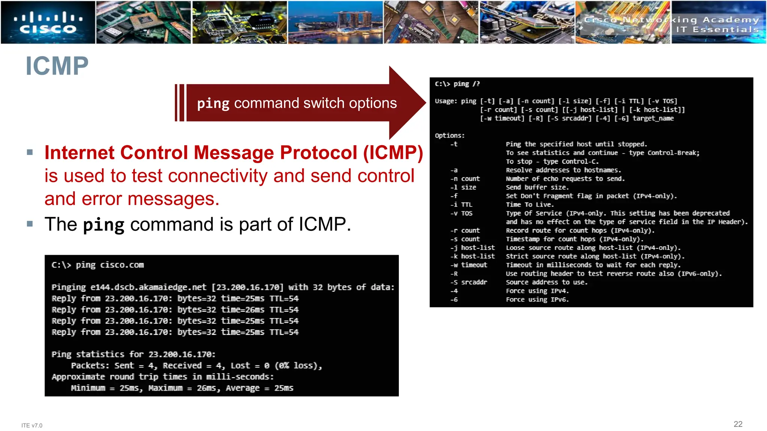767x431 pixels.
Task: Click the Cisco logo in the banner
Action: pos(48,22)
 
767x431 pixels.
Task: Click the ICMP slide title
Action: pos(57,66)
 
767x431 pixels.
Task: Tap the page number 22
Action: pos(738,424)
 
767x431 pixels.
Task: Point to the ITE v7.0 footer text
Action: pos(32,425)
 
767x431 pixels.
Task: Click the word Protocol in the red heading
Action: pos(318,153)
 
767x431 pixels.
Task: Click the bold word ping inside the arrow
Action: pos(213,103)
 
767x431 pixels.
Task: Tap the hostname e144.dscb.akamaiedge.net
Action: pos(148,287)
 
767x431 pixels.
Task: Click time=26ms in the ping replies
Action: pos(242,310)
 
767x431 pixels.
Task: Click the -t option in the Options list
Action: pos(454,144)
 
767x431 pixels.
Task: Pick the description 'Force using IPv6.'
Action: pos(537,299)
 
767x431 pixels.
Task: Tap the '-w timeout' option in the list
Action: pos(469,265)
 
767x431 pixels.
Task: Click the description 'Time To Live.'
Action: pos(530,205)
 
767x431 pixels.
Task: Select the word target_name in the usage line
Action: pos(653,118)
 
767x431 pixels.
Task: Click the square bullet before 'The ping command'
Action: pos(30,224)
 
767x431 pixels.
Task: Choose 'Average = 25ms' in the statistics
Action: pos(259,388)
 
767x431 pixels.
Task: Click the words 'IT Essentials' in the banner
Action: pos(717,30)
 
